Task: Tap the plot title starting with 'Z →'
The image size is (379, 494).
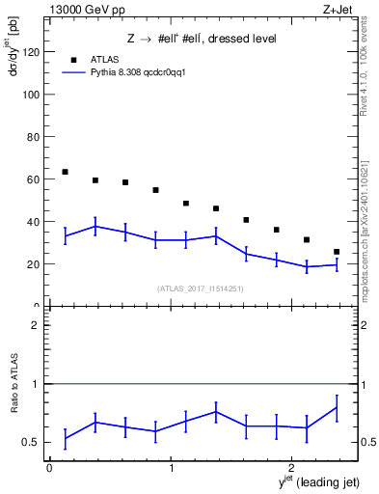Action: [202, 39]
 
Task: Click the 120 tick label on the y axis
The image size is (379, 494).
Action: [31, 52]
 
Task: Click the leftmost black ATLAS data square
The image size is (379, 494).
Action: [65, 172]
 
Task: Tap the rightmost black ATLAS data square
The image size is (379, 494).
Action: [337, 252]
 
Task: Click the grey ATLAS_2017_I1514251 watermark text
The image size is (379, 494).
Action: [201, 288]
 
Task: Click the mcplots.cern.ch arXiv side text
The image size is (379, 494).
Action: [368, 227]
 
